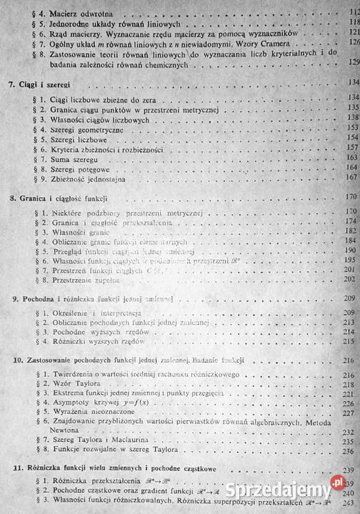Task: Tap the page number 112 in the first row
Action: click(x=351, y=11)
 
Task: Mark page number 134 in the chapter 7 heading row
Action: click(x=351, y=84)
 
